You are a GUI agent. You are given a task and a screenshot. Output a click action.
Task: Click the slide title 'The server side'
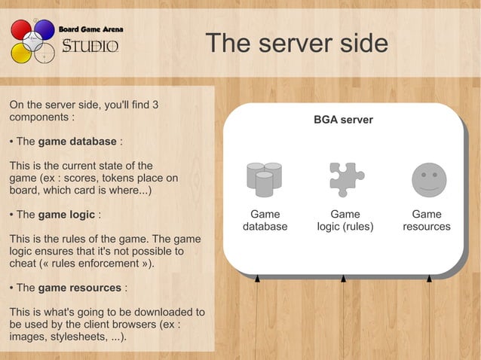[x=297, y=44]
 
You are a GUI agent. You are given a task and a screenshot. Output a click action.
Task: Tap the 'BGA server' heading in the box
[x=343, y=120]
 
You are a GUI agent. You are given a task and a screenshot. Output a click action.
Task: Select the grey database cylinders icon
[x=264, y=179]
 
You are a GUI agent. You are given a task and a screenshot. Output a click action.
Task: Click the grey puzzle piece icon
[x=345, y=179]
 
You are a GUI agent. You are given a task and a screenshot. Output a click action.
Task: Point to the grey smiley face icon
[x=427, y=179]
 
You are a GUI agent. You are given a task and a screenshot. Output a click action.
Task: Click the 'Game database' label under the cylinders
[x=265, y=220]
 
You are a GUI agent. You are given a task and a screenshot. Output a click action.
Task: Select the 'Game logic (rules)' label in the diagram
[x=345, y=220]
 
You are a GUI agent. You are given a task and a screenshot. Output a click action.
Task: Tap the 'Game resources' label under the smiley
[x=427, y=220]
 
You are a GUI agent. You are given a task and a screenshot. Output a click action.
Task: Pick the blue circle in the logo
[x=44, y=30]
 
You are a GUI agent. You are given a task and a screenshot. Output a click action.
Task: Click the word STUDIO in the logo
[x=90, y=47]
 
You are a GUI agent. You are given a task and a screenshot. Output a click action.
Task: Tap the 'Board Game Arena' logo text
[x=91, y=29]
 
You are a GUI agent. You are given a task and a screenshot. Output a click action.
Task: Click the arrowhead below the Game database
[x=257, y=279]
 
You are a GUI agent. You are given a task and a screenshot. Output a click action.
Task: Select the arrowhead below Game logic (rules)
[x=343, y=279]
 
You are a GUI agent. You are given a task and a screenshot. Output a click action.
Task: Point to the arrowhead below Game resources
[x=429, y=279]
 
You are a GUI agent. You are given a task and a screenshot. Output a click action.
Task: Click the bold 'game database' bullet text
[x=77, y=142]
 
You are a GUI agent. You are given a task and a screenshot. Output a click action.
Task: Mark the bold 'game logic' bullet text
[x=66, y=215]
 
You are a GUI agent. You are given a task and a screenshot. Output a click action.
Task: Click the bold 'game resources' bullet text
[x=80, y=288]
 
